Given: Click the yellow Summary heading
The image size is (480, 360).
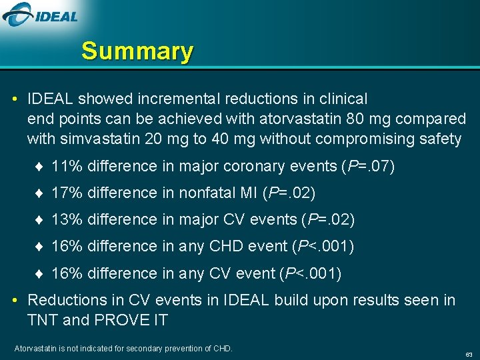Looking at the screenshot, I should click(x=137, y=51).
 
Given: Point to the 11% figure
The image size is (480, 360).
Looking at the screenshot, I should click(x=67, y=166).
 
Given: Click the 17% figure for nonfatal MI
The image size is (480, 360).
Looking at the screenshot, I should click(x=67, y=193).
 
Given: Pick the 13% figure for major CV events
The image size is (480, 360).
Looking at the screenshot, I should click(x=67, y=219).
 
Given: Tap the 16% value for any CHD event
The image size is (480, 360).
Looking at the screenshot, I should click(x=67, y=247).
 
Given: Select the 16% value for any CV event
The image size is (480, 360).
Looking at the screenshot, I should click(x=67, y=273).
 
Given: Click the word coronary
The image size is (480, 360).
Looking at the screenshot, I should click(x=236, y=166).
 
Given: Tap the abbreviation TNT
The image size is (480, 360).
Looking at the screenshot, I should click(x=43, y=320).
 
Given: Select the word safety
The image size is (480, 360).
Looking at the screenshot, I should click(x=440, y=139).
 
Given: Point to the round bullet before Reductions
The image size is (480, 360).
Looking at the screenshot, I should click(x=16, y=301).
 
